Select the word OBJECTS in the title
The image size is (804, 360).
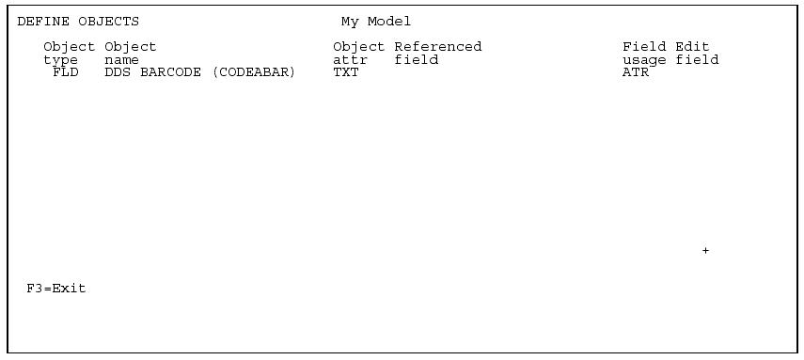tap(104, 21)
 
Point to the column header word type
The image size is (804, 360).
tap(60, 60)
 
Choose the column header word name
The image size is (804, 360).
tap(121, 60)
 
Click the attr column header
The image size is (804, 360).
tap(350, 60)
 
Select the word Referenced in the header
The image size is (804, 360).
tap(437, 46)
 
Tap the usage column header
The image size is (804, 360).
tap(644, 60)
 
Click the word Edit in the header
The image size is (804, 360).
tap(692, 46)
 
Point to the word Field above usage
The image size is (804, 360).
tap(644, 46)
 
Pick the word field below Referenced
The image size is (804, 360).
tap(416, 60)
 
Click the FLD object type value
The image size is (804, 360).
tap(66, 72)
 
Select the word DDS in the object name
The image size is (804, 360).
tap(117, 72)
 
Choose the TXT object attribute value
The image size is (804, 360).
tap(346, 72)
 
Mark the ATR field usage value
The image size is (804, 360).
tap(636, 72)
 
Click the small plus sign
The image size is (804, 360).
tap(705, 251)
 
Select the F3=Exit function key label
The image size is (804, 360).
tap(56, 289)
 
